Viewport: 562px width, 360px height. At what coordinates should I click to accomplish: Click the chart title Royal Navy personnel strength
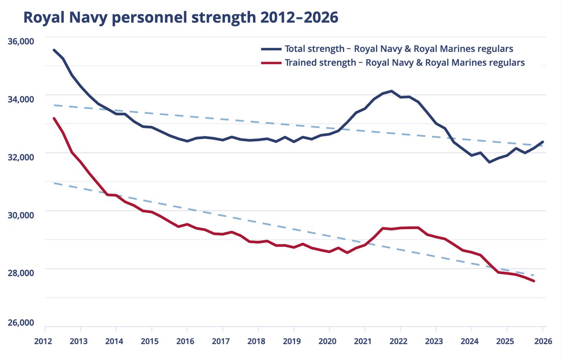(x=180, y=17)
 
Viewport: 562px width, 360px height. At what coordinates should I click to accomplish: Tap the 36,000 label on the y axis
(x=21, y=41)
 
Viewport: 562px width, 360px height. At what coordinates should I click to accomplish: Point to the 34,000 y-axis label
(x=21, y=99)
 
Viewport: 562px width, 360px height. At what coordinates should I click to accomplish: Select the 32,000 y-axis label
(x=21, y=157)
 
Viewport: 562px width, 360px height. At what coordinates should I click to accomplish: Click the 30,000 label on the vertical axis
(x=21, y=215)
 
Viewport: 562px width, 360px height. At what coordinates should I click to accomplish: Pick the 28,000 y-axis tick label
(x=21, y=273)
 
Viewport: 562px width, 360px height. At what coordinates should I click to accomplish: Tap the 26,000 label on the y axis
(x=21, y=323)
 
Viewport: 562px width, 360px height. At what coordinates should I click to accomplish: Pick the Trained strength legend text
(x=405, y=63)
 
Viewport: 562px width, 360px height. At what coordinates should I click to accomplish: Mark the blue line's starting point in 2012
(x=54, y=50)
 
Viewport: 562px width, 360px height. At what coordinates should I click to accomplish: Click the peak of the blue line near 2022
(x=392, y=91)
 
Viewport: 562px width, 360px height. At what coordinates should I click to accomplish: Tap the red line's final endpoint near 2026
(x=534, y=281)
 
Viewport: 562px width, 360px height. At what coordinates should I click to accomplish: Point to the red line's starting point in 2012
(x=54, y=119)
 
